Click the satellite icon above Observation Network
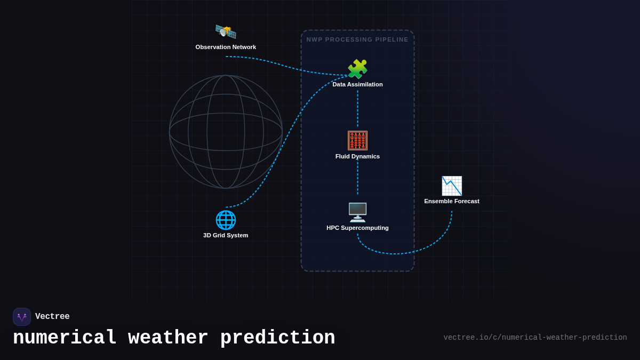226,31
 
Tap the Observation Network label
226,47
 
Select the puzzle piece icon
357,69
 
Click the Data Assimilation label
357,84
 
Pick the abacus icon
357,140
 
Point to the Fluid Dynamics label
357,156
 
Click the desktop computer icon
357,212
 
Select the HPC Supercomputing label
357,228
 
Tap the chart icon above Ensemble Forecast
452,186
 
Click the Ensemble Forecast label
452,201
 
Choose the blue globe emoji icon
226,220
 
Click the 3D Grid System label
226,235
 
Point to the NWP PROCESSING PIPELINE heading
357,39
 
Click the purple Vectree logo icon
22,317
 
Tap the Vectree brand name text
52,317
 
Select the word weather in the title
168,338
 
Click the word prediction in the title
277,338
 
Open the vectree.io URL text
535,338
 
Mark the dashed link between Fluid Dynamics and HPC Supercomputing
357,179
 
